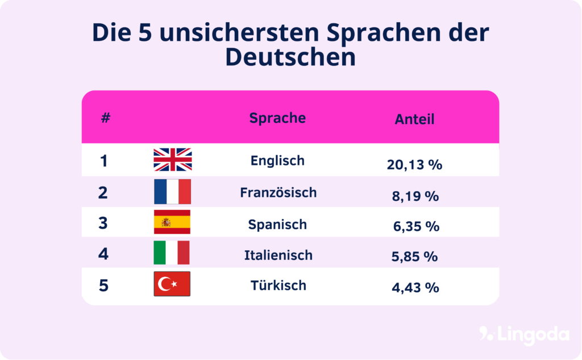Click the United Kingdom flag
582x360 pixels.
pyautogui.click(x=173, y=160)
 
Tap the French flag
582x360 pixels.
pyautogui.click(x=172, y=192)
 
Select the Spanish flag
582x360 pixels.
pyautogui.click(x=172, y=222)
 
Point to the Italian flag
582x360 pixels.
pyautogui.click(x=172, y=253)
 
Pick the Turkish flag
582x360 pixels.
pyautogui.click(x=172, y=284)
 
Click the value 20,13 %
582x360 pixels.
pyautogui.click(x=414, y=165)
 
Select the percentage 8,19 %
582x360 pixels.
pyautogui.click(x=415, y=196)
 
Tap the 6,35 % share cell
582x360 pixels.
pyautogui.click(x=416, y=226)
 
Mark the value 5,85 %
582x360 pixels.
pyautogui.click(x=414, y=256)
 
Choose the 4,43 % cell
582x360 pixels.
pyautogui.click(x=415, y=287)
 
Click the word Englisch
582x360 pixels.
pyautogui.click(x=277, y=161)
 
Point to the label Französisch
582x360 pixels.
pyautogui.click(x=278, y=192)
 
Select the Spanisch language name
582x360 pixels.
pyautogui.click(x=277, y=224)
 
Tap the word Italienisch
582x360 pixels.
pyautogui.click(x=278, y=255)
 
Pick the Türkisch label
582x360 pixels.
pyautogui.click(x=278, y=285)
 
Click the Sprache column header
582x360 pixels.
pyautogui.click(x=277, y=118)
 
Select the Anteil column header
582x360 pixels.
pyautogui.click(x=414, y=119)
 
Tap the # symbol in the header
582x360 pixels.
pyautogui.click(x=105, y=118)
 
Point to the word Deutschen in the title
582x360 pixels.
pyautogui.click(x=290, y=57)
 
